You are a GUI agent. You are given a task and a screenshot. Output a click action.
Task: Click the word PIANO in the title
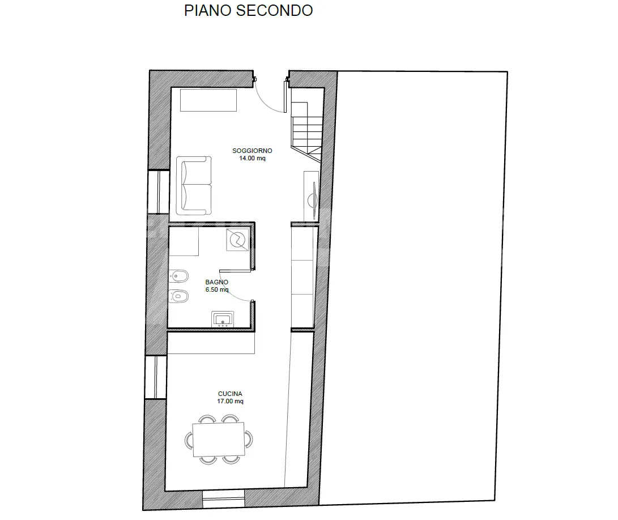click(208, 11)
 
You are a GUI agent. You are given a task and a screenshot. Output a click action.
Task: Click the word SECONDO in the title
click(275, 11)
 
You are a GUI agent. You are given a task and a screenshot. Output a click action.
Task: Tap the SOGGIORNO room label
click(252, 151)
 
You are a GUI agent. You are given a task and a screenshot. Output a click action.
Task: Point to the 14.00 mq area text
click(252, 158)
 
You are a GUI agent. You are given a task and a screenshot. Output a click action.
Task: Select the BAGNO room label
click(217, 282)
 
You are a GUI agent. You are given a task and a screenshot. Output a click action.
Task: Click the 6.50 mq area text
click(217, 289)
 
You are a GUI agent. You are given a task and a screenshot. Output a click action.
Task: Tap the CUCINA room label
click(230, 394)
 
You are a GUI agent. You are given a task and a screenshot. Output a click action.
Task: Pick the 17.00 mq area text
click(230, 401)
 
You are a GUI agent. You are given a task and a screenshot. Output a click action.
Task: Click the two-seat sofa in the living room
click(194, 186)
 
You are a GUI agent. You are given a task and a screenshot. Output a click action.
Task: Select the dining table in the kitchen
click(218, 440)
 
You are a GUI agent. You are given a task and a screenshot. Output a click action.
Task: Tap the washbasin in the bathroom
click(223, 319)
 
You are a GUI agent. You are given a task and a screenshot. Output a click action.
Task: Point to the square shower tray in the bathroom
click(238, 239)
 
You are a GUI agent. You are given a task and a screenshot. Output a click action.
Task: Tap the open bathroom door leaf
click(235, 271)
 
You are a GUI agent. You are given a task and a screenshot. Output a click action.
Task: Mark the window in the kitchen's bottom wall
click(224, 499)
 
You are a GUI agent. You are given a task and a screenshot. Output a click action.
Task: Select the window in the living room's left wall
click(159, 191)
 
